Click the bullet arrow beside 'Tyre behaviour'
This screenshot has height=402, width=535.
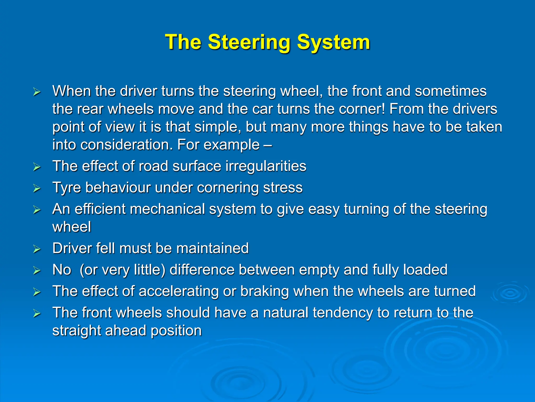[x=37, y=188]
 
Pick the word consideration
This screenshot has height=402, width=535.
[x=126, y=144]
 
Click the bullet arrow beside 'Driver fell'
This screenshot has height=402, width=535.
[x=37, y=249]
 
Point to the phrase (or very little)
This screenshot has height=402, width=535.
[x=122, y=270]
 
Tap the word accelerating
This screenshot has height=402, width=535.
[x=178, y=291]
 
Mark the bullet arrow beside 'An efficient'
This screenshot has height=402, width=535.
[x=37, y=210]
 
